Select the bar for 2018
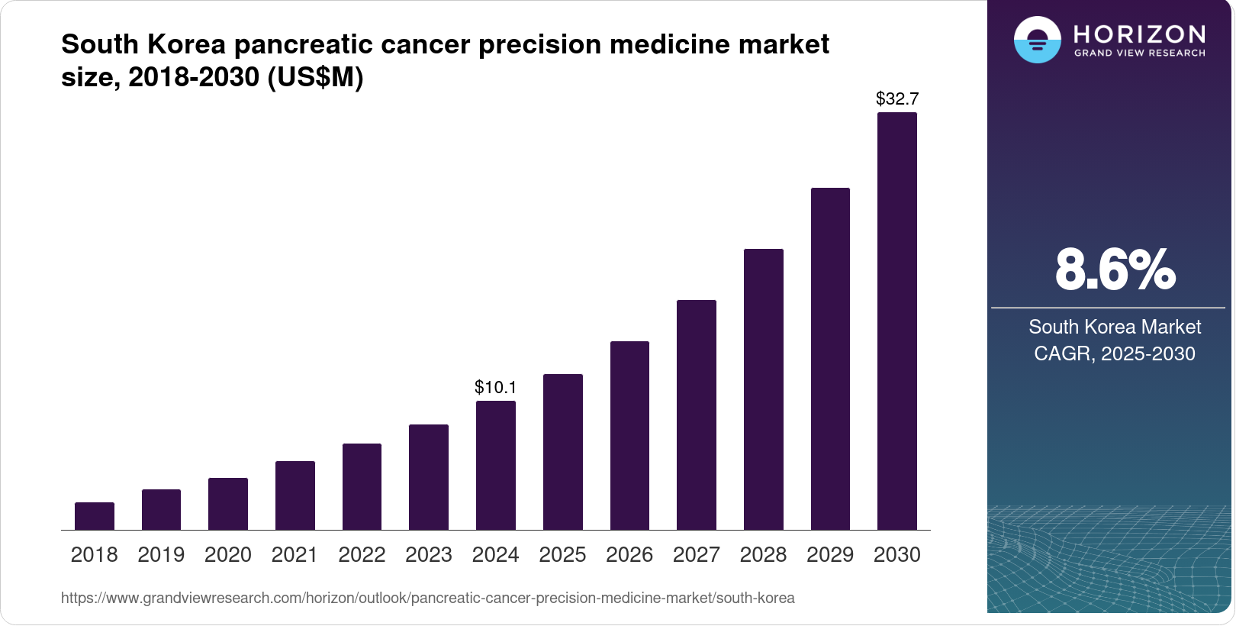pyautogui.click(x=95, y=516)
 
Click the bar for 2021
pyautogui.click(x=295, y=495)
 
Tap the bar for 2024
pyautogui.click(x=496, y=465)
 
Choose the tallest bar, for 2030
pyautogui.click(x=897, y=321)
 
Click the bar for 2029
pyautogui.click(x=830, y=359)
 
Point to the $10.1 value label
pyautogui.click(x=496, y=387)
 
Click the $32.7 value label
pyautogui.click(x=897, y=98)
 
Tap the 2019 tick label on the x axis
pyautogui.click(x=161, y=555)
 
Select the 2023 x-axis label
pyautogui.click(x=429, y=555)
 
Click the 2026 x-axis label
pyautogui.click(x=629, y=555)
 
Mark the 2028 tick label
pyautogui.click(x=763, y=555)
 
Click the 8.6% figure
pyautogui.click(x=1115, y=269)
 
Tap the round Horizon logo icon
pyautogui.click(x=1037, y=40)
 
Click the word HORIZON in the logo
pyautogui.click(x=1139, y=34)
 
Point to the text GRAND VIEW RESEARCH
pyautogui.click(x=1139, y=53)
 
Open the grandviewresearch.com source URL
pyautogui.click(x=427, y=598)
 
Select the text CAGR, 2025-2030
pyautogui.click(x=1115, y=353)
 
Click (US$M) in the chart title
pyautogui.click(x=315, y=77)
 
